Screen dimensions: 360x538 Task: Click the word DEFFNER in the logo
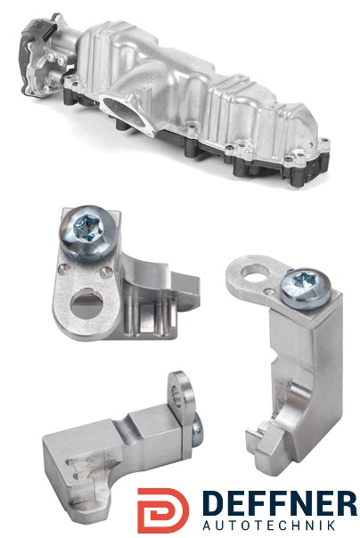click(x=279, y=503)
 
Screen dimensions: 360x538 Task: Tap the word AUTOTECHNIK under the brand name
click(x=269, y=526)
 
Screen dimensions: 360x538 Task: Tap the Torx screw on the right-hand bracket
click(x=306, y=289)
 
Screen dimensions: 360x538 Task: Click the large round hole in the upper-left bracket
click(x=86, y=305)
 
